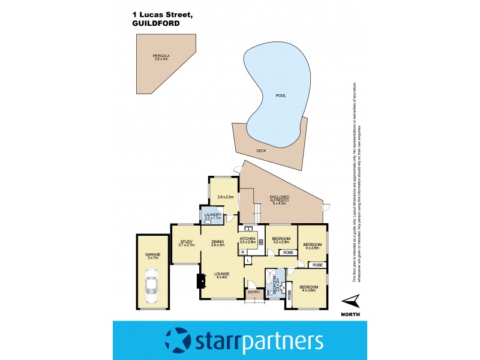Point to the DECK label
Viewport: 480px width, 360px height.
pos(261,151)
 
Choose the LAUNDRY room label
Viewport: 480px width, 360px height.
pos(212,216)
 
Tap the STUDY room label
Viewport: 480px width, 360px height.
pos(187,242)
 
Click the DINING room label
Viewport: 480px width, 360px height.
pos(217,242)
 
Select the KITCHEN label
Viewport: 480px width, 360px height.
pos(248,240)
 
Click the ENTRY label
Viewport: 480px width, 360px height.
pos(253,292)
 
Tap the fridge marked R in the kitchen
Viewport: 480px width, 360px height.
pos(241,252)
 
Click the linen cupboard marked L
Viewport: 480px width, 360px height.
pos(247,260)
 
